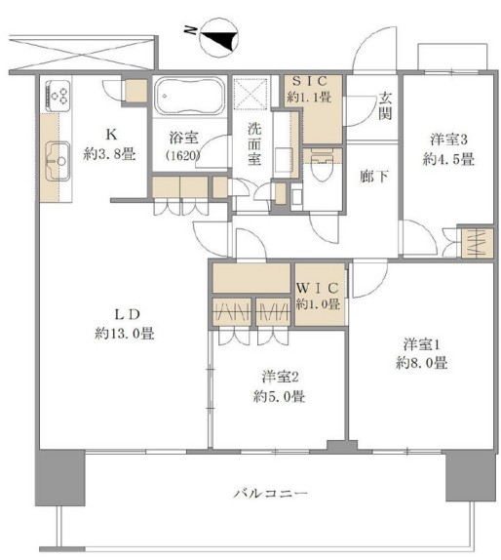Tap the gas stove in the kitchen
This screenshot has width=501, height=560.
point(58,96)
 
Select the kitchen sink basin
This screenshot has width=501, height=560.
point(58,161)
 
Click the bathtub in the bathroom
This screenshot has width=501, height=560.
point(189,96)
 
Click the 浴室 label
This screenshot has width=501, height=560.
point(183,138)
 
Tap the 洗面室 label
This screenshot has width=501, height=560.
point(254,144)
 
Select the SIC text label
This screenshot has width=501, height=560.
point(309,81)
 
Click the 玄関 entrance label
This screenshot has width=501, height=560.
point(385,106)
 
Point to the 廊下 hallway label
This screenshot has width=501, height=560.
point(374,176)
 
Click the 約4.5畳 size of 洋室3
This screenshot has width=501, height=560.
point(448,159)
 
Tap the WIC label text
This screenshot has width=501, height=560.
point(317,288)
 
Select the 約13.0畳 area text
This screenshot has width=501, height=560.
point(125,334)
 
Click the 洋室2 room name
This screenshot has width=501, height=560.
point(280,377)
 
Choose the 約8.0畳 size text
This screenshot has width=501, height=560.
point(421,363)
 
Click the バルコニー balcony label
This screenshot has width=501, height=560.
point(270,494)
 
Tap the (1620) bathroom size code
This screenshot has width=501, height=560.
point(182,156)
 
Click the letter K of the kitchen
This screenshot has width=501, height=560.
point(111,135)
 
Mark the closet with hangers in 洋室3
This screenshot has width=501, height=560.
point(477,243)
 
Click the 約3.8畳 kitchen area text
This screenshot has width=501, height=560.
point(109,154)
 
